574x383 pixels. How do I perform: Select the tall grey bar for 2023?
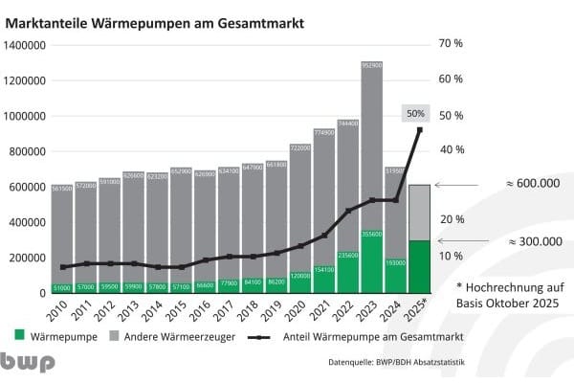[x=372, y=144]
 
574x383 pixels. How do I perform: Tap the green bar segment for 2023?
[x=372, y=261]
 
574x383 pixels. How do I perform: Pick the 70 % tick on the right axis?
[x=452, y=44]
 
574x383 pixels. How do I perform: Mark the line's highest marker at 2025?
[x=419, y=129]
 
